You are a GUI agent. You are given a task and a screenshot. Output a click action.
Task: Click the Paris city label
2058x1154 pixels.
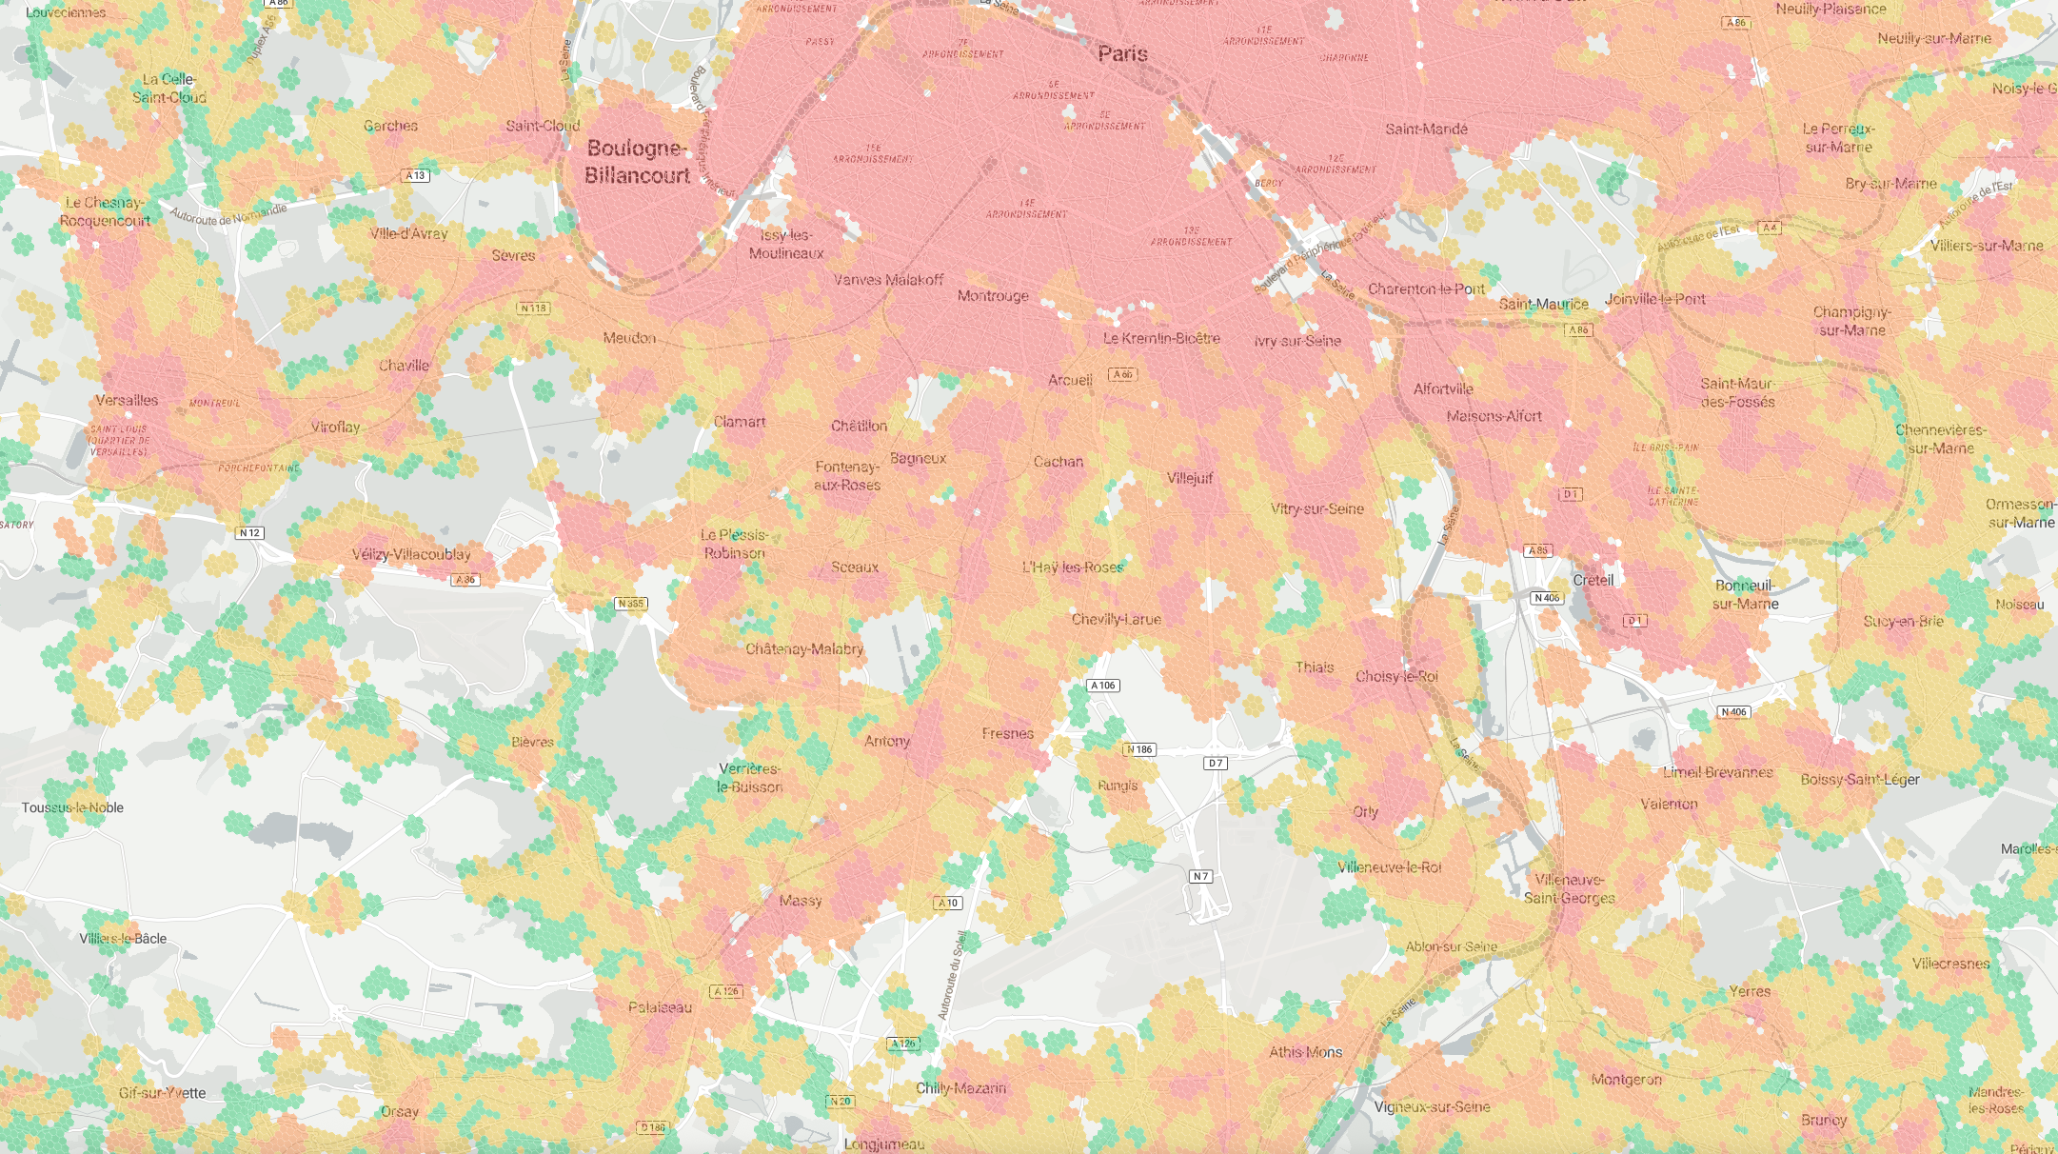pos(1122,53)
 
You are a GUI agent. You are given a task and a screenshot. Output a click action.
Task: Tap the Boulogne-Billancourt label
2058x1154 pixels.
pos(637,162)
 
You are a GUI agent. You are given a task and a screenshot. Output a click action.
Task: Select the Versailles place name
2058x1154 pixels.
pos(127,400)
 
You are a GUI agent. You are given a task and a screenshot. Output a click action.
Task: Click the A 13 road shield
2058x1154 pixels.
pos(416,175)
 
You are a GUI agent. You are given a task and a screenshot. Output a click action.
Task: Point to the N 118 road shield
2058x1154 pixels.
pos(534,308)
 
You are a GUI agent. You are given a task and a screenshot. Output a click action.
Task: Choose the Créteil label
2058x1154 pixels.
pos(1593,580)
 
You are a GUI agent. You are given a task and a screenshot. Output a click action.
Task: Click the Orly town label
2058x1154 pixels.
pos(1365,812)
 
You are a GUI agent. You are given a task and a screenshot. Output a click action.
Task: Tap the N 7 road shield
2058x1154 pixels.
pos(1200,876)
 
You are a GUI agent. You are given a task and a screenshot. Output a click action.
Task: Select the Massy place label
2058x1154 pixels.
pos(800,901)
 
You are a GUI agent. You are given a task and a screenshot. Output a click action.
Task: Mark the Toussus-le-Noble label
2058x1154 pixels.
pos(72,807)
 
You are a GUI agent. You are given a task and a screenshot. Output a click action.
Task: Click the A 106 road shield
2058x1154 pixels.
pos(1102,686)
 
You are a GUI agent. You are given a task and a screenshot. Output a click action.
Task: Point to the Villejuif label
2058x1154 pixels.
pos(1190,478)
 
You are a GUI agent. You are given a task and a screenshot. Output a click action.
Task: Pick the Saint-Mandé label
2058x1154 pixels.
pos(1426,129)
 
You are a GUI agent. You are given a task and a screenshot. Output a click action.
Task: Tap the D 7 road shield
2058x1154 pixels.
pos(1215,763)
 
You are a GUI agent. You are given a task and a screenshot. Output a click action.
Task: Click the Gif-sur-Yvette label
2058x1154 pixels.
pos(162,1093)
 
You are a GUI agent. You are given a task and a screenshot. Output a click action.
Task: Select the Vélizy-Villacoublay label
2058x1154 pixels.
pos(411,554)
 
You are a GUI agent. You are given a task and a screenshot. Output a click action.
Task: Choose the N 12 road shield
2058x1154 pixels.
pos(249,533)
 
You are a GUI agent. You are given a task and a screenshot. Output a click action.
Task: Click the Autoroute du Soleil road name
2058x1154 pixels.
pos(952,976)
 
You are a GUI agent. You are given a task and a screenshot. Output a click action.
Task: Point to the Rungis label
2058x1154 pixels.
pos(1118,786)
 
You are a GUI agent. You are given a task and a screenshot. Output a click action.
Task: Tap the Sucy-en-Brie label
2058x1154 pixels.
pos(1903,621)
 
